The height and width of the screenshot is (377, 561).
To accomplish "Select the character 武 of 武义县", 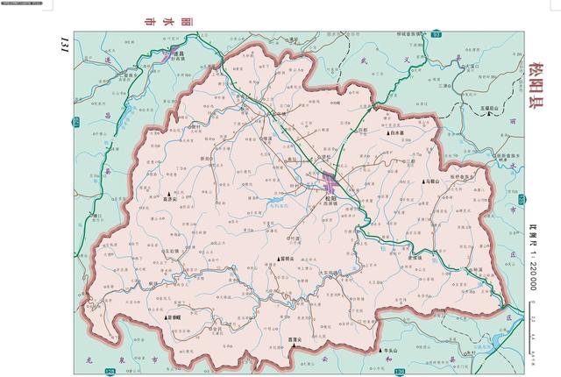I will click(338, 60).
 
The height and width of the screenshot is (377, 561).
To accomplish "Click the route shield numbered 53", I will click(437, 33).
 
